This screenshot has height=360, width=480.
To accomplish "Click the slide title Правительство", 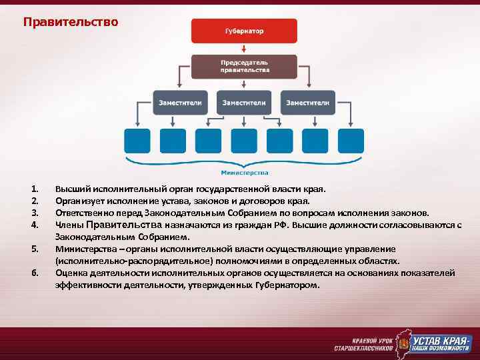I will [x=71, y=23].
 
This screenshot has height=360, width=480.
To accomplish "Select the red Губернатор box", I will [x=243, y=31].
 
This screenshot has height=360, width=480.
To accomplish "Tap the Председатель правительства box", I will [x=245, y=66].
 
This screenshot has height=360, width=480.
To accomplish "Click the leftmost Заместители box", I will [x=180, y=103].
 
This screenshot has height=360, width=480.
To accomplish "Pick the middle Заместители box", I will [x=244, y=103].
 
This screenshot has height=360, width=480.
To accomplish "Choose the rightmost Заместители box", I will [x=307, y=103].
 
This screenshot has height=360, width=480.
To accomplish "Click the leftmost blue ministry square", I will [x=137, y=141].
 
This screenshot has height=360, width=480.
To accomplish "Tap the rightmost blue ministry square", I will [x=351, y=141].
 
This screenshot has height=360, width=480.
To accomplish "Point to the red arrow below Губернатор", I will [x=244, y=49].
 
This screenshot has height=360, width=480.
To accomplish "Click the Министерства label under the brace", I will [x=244, y=172].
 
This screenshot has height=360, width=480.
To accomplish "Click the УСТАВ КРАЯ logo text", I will [x=441, y=339].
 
